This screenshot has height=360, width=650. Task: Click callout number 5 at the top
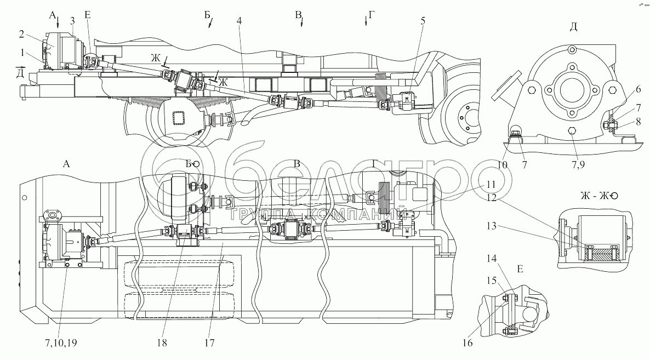click(x=423, y=21)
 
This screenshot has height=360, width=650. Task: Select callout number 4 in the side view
click(x=240, y=21)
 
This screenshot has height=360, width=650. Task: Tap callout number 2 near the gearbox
click(x=21, y=34)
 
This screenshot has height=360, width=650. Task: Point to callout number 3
click(x=72, y=21)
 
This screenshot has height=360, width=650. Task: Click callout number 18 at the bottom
click(x=162, y=342)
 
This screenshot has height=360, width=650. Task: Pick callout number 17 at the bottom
click(x=209, y=342)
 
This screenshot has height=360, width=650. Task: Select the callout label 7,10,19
click(x=61, y=342)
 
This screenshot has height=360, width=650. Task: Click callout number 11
click(x=491, y=184)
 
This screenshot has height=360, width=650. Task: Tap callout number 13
click(x=491, y=226)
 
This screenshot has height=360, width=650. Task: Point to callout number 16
click(x=467, y=342)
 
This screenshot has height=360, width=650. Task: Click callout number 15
click(x=491, y=281)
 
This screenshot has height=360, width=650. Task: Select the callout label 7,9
click(x=578, y=164)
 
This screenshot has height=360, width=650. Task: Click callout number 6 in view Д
click(x=638, y=89)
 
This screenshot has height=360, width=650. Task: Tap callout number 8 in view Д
click(x=638, y=122)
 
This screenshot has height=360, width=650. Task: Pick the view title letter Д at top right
click(x=573, y=27)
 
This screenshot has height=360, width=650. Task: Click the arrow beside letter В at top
click(x=302, y=21)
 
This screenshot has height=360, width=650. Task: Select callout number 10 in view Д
click(x=502, y=164)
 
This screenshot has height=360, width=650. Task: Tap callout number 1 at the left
click(x=21, y=53)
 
